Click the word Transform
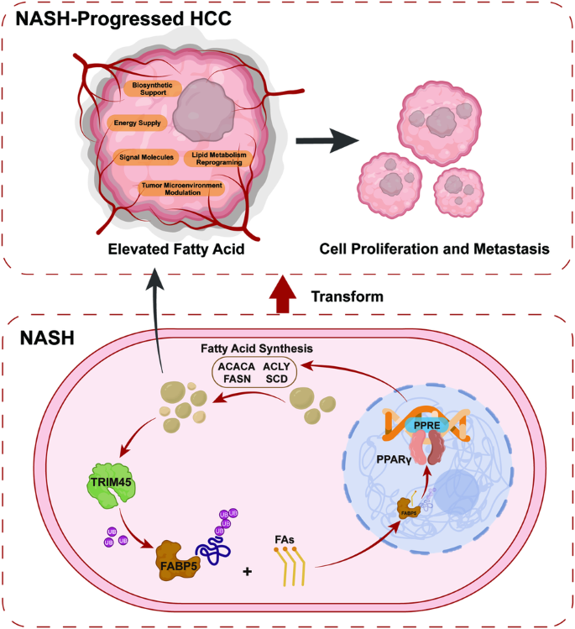[348, 296]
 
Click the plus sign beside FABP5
[247, 574]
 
